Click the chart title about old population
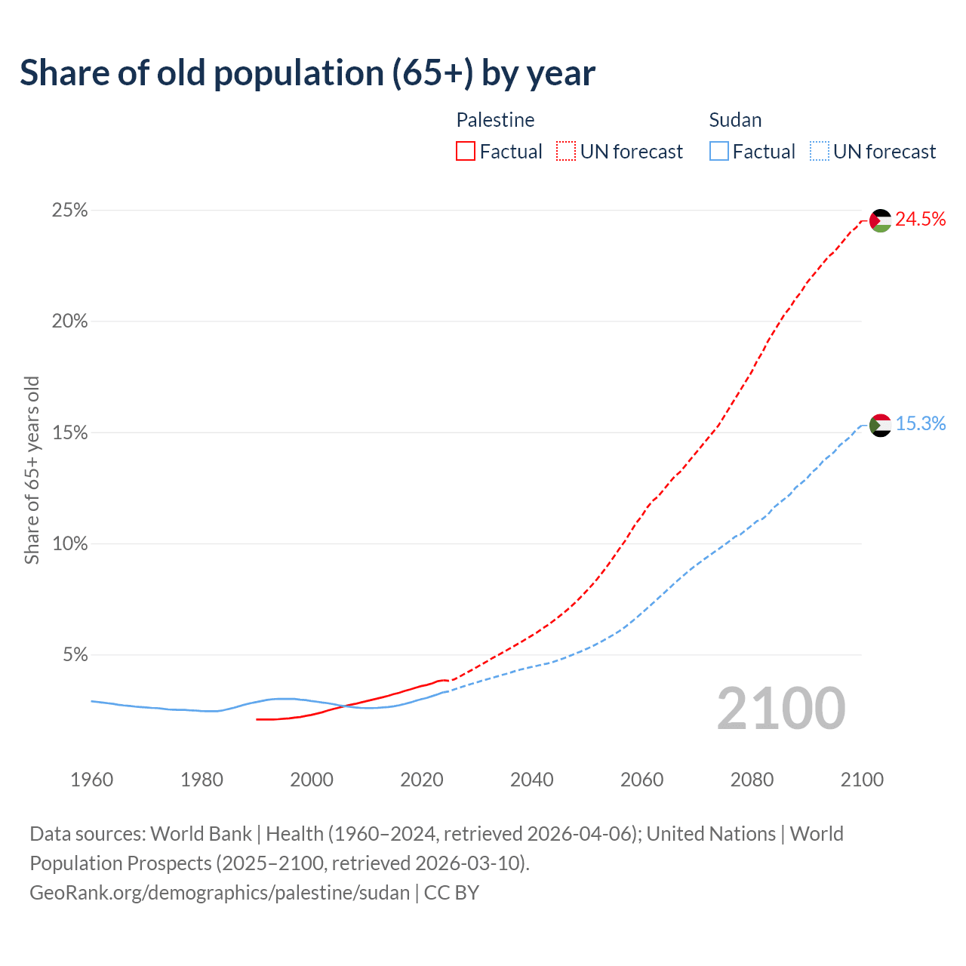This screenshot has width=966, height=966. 307,73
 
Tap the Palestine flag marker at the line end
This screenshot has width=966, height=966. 881,220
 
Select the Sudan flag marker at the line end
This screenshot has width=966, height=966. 881,426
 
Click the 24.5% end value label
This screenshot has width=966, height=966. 920,220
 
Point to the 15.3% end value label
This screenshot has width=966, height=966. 920,424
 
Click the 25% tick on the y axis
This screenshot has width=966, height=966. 69,211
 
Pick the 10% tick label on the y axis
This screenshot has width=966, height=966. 69,544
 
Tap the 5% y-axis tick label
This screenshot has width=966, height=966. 75,655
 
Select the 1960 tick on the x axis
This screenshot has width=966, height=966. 91,780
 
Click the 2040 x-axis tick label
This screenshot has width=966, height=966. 531,780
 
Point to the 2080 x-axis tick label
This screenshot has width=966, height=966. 752,780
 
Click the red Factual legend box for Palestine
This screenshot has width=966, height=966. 466,152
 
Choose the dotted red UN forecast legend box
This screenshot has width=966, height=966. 566,152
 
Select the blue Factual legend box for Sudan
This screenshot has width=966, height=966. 719,152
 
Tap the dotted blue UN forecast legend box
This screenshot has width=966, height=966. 819,152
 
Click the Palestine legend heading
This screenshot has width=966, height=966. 495,120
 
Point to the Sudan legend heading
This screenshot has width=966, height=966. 735,120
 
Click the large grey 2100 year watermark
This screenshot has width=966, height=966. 781,709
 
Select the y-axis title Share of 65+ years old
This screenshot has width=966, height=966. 32,470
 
